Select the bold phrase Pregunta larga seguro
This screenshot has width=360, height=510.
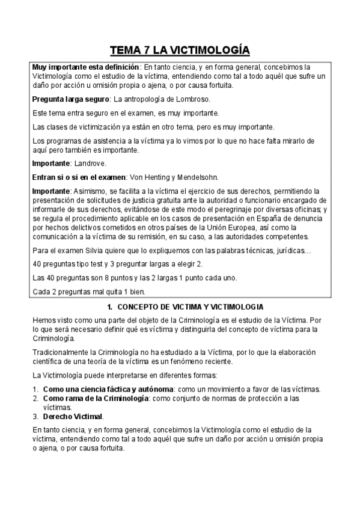pos(65,99)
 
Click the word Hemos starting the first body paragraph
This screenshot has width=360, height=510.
pos(44,320)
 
